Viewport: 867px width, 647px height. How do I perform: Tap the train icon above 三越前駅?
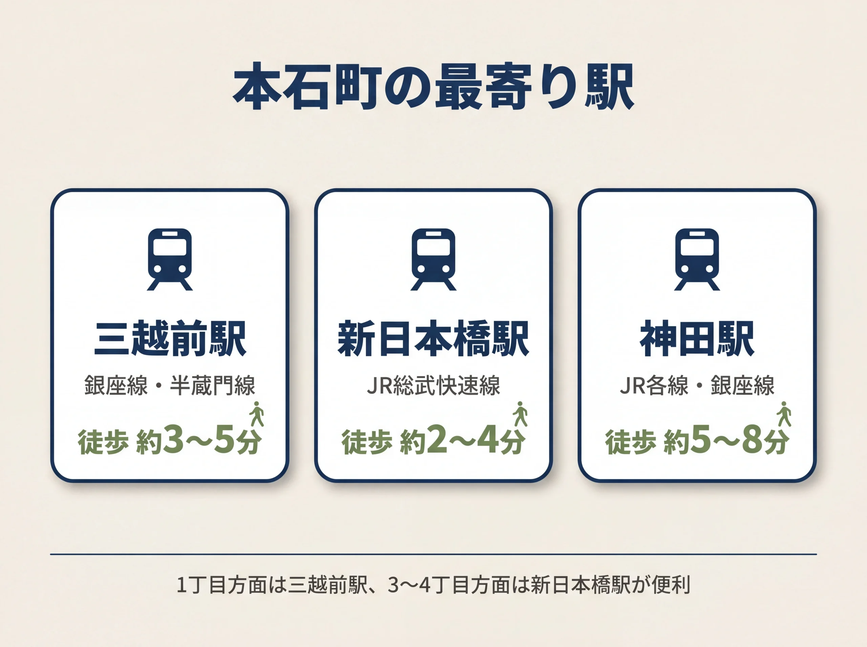(170, 259)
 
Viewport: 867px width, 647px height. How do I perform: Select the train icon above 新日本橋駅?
(433, 259)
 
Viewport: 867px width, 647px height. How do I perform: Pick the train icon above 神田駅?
(697, 259)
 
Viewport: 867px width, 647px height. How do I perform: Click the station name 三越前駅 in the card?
(170, 338)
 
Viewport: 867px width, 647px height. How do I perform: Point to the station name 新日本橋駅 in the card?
(433, 338)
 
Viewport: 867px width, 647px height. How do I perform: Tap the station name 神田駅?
(697, 338)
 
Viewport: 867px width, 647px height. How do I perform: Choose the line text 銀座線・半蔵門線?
(170, 385)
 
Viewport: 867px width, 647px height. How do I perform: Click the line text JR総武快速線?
(433, 385)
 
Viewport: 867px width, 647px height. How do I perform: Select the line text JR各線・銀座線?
(697, 385)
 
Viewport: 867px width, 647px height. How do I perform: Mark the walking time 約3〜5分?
(198, 441)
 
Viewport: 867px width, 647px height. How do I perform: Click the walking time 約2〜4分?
(462, 441)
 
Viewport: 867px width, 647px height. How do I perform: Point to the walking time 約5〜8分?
(726, 441)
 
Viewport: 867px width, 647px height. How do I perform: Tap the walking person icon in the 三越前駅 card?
(257, 414)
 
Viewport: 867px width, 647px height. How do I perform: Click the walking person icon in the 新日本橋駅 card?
(520, 414)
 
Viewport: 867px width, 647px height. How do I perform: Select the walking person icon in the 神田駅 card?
(784, 414)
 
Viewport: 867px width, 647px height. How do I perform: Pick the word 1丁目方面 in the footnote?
(222, 585)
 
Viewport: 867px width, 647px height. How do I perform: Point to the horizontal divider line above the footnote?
(433, 554)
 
